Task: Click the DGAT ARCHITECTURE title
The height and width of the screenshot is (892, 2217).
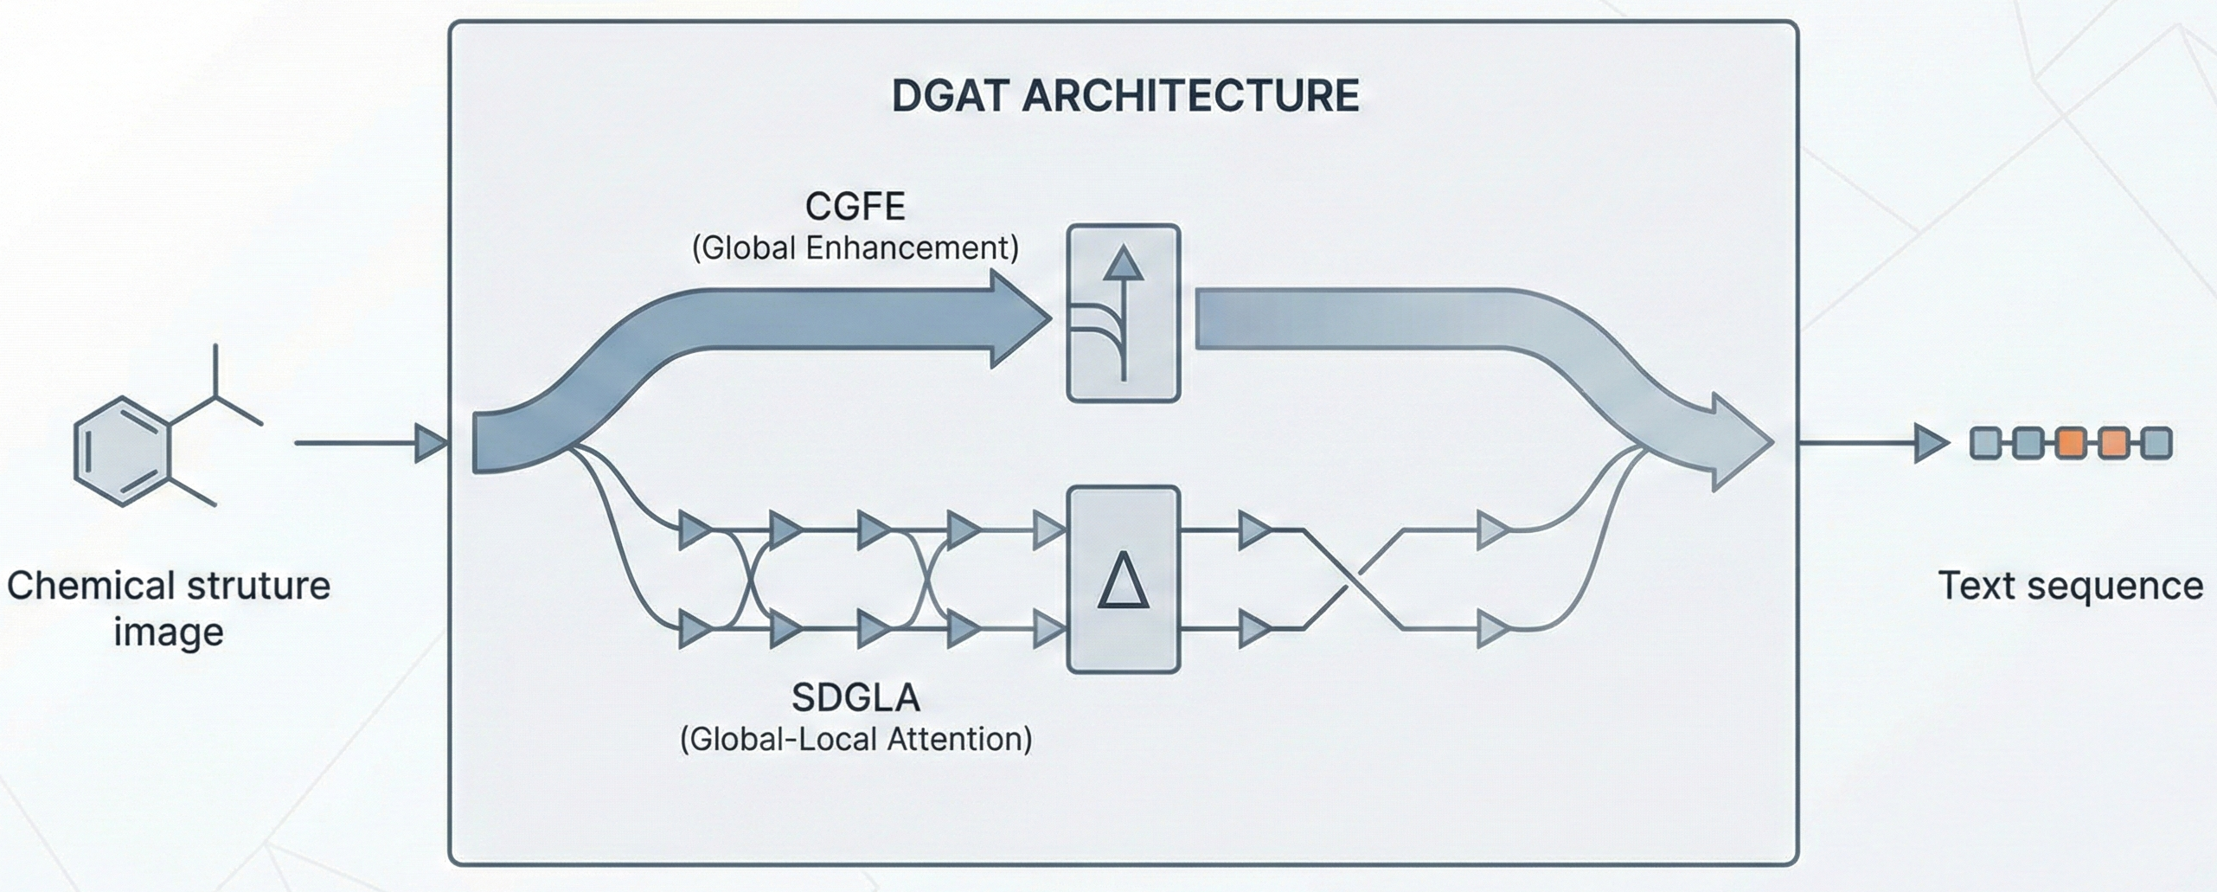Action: tap(1125, 95)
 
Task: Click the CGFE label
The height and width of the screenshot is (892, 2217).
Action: tap(855, 207)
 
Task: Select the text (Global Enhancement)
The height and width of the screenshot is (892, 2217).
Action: tap(855, 248)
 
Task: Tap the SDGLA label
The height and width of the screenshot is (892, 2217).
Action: tap(855, 697)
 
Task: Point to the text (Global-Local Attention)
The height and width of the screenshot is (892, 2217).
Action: tap(855, 739)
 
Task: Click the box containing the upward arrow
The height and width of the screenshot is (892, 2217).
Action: tap(1123, 313)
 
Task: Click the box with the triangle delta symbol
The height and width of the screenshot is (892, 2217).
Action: tap(1123, 580)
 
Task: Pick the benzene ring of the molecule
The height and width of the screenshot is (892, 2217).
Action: tap(122, 451)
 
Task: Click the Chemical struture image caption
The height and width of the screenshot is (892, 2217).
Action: tap(169, 608)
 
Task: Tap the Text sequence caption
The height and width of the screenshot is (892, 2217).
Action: tap(2070, 586)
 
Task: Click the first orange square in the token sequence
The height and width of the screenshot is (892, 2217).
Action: tap(2070, 443)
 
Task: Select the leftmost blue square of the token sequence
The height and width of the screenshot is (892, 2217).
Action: tap(1985, 443)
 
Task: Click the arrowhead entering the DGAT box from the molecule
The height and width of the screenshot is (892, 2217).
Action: tap(431, 443)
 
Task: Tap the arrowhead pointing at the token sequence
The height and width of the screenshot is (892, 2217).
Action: tap(1931, 443)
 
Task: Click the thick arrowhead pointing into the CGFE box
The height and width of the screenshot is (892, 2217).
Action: tap(1021, 319)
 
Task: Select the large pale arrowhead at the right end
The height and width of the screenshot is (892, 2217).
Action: tap(1739, 443)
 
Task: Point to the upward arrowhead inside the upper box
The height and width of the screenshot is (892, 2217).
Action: tap(1123, 265)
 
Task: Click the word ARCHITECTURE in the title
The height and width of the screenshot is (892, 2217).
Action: tap(1189, 95)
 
